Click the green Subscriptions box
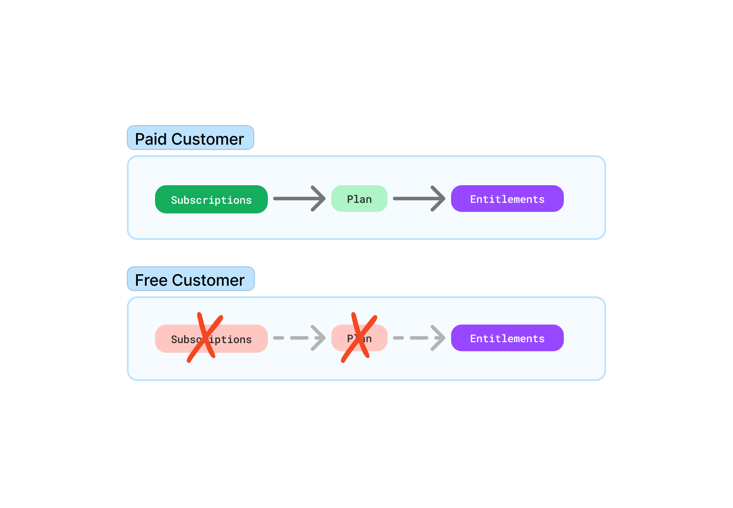coord(211,199)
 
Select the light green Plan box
coord(359,198)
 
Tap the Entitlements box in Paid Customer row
coord(507,198)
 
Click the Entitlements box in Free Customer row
coord(507,338)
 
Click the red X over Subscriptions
coord(205,338)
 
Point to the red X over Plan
coord(359,338)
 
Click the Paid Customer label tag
coord(190,138)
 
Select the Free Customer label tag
coord(191,279)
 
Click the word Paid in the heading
coord(151,139)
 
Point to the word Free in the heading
coord(151,280)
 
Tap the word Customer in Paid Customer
coord(207,139)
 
